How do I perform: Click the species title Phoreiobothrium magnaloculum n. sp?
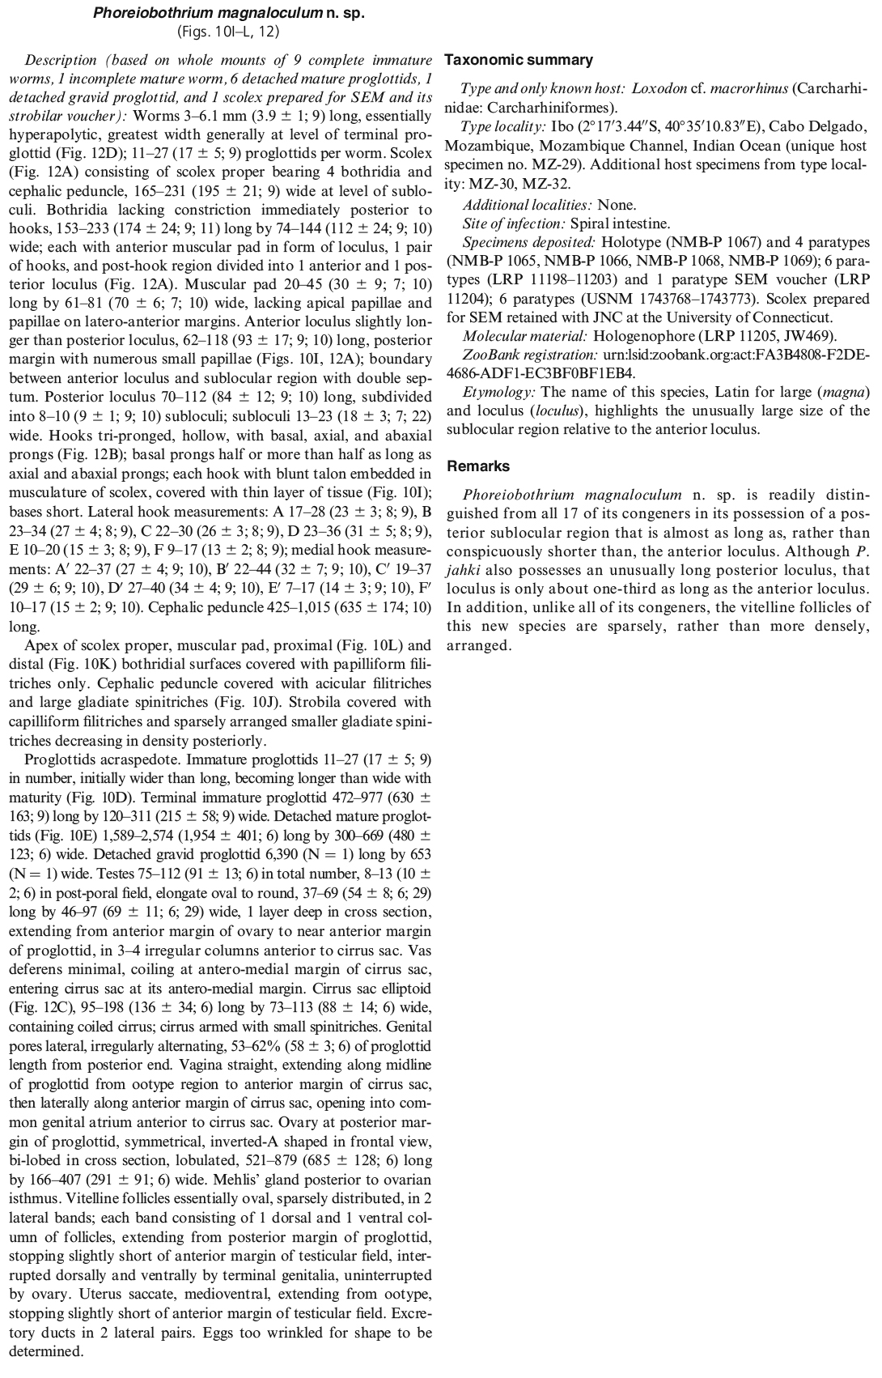click(x=229, y=14)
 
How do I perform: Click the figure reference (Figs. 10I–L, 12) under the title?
click(x=229, y=32)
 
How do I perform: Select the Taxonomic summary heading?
click(x=519, y=60)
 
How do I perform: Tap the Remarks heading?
click(x=478, y=466)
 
